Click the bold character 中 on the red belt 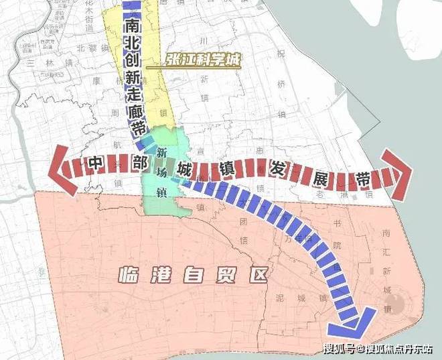(x=94, y=163)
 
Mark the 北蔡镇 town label (x=92, y=48)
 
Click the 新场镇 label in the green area (x=161, y=172)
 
